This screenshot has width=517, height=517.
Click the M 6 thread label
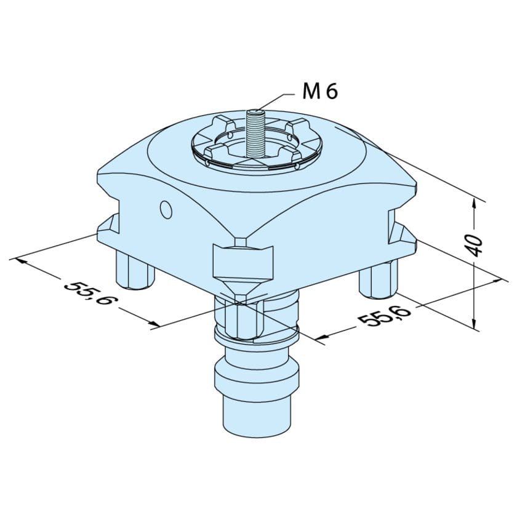coord(320,92)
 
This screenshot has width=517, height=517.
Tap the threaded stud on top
coord(254,132)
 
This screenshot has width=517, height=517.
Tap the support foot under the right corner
coord(379,277)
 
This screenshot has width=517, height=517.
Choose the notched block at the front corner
coord(242,261)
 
